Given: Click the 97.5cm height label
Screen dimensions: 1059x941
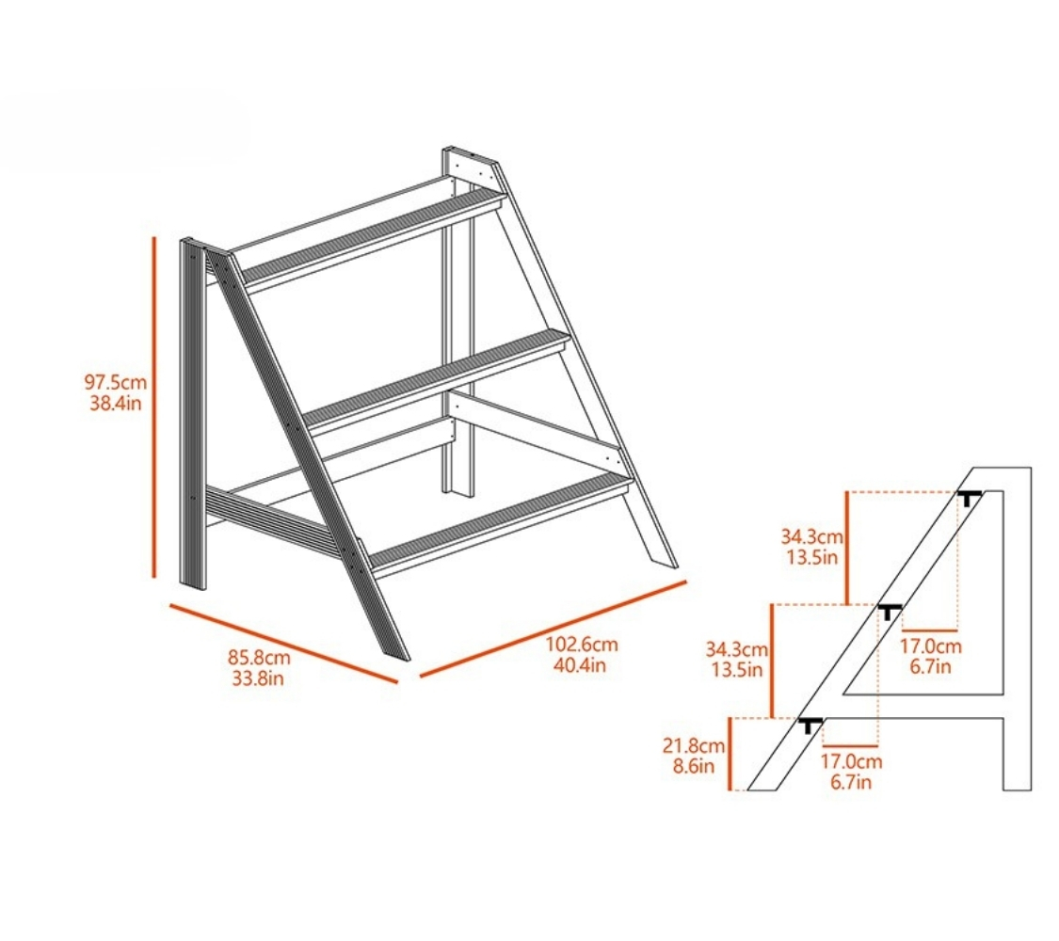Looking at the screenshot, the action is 116,382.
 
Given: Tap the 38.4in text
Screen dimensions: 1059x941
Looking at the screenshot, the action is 116,404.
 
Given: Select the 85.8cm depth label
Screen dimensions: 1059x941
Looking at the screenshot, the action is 259,657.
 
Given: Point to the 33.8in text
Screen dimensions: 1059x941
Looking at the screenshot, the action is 258,678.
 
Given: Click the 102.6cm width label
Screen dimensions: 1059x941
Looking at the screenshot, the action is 582,644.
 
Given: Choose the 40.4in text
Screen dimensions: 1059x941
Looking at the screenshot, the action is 580,665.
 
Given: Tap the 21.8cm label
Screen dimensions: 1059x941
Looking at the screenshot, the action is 694,746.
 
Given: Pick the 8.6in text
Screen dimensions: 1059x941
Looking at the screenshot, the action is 694,767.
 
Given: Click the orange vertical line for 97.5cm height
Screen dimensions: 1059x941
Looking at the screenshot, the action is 154,407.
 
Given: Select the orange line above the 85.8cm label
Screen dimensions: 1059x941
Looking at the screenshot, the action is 283,644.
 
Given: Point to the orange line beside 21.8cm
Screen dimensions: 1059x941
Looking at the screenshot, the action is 730,754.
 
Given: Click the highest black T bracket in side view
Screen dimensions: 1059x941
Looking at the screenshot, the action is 970,498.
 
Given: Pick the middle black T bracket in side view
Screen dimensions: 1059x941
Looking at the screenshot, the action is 890,613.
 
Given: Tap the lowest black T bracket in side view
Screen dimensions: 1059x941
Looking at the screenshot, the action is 810,726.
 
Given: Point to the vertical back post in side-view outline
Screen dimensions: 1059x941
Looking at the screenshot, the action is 1018,628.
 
